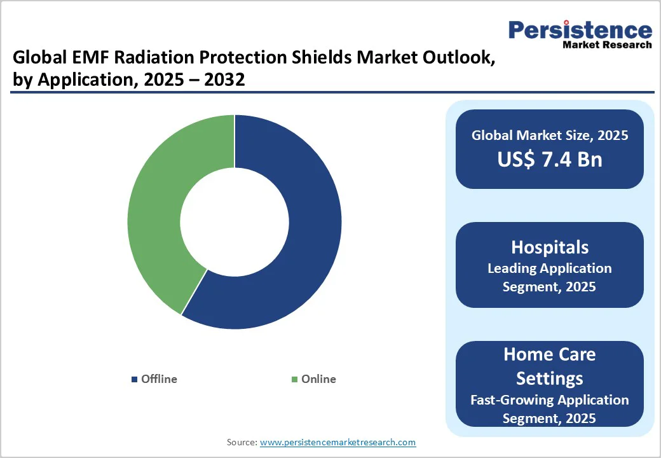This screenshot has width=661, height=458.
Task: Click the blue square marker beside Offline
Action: pos(134,380)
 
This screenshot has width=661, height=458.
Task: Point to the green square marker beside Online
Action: pos(294,380)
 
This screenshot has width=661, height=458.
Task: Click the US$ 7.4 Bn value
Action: pos(550,159)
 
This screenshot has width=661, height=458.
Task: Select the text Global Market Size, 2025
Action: pos(550,135)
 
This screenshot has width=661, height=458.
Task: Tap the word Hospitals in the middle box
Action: pos(550,247)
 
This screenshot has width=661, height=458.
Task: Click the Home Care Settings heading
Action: pos(550,366)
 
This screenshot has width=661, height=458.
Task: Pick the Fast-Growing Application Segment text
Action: pos(550,408)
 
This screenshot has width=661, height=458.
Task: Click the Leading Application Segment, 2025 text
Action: pos(550,277)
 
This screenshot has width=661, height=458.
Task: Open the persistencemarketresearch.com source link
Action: pos(338,442)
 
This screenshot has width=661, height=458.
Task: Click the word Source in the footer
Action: pos(242,442)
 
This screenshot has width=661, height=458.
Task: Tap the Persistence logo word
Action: pos(580,29)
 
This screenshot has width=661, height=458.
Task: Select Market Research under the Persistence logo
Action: pos(607,45)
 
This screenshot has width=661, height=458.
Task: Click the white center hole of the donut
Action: pos(235,222)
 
